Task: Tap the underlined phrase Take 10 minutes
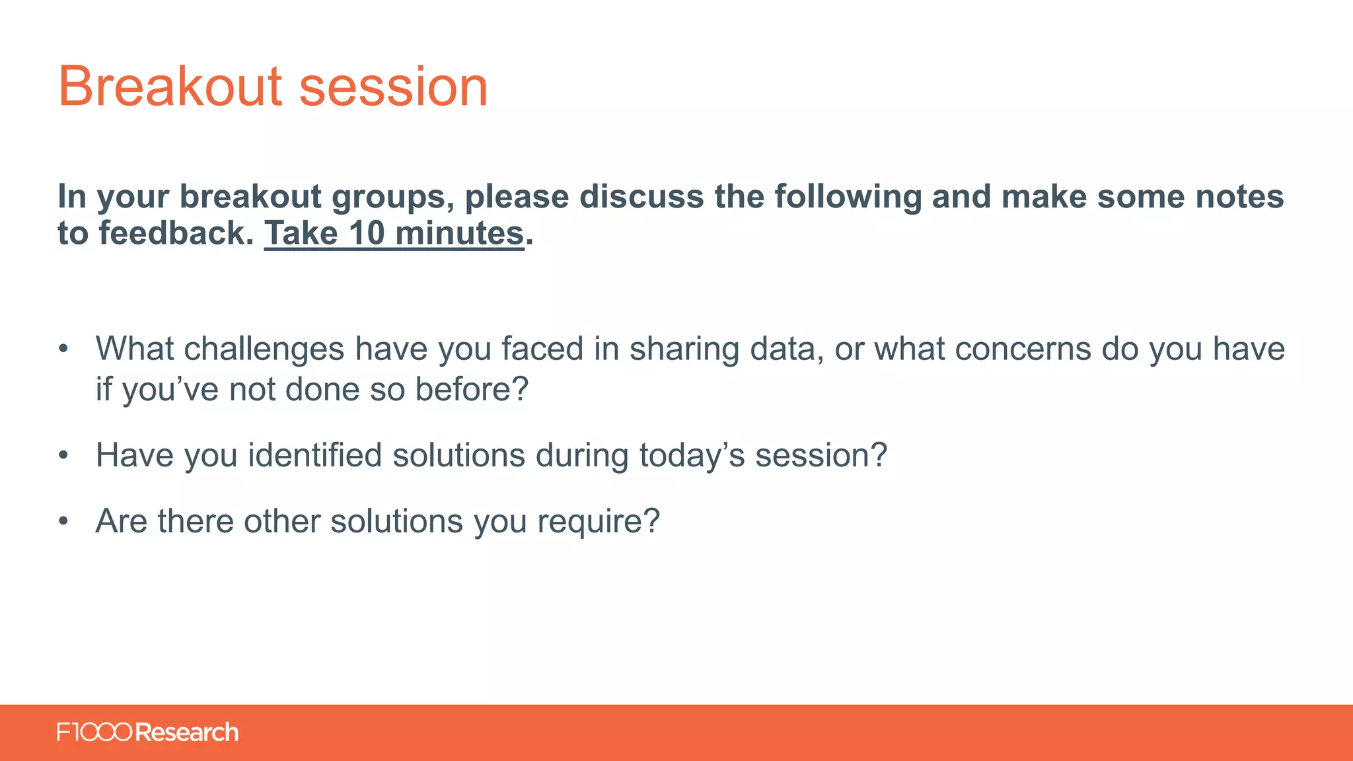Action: click(394, 233)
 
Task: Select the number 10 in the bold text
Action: click(367, 233)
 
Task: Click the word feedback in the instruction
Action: click(176, 233)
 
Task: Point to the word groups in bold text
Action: click(392, 197)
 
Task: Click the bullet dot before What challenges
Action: click(63, 349)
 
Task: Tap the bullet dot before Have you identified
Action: click(63, 455)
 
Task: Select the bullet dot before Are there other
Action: click(63, 521)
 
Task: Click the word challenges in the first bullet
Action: click(264, 349)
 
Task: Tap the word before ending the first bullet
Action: click(471, 389)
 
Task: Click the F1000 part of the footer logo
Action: click(94, 732)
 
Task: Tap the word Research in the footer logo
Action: click(187, 732)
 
